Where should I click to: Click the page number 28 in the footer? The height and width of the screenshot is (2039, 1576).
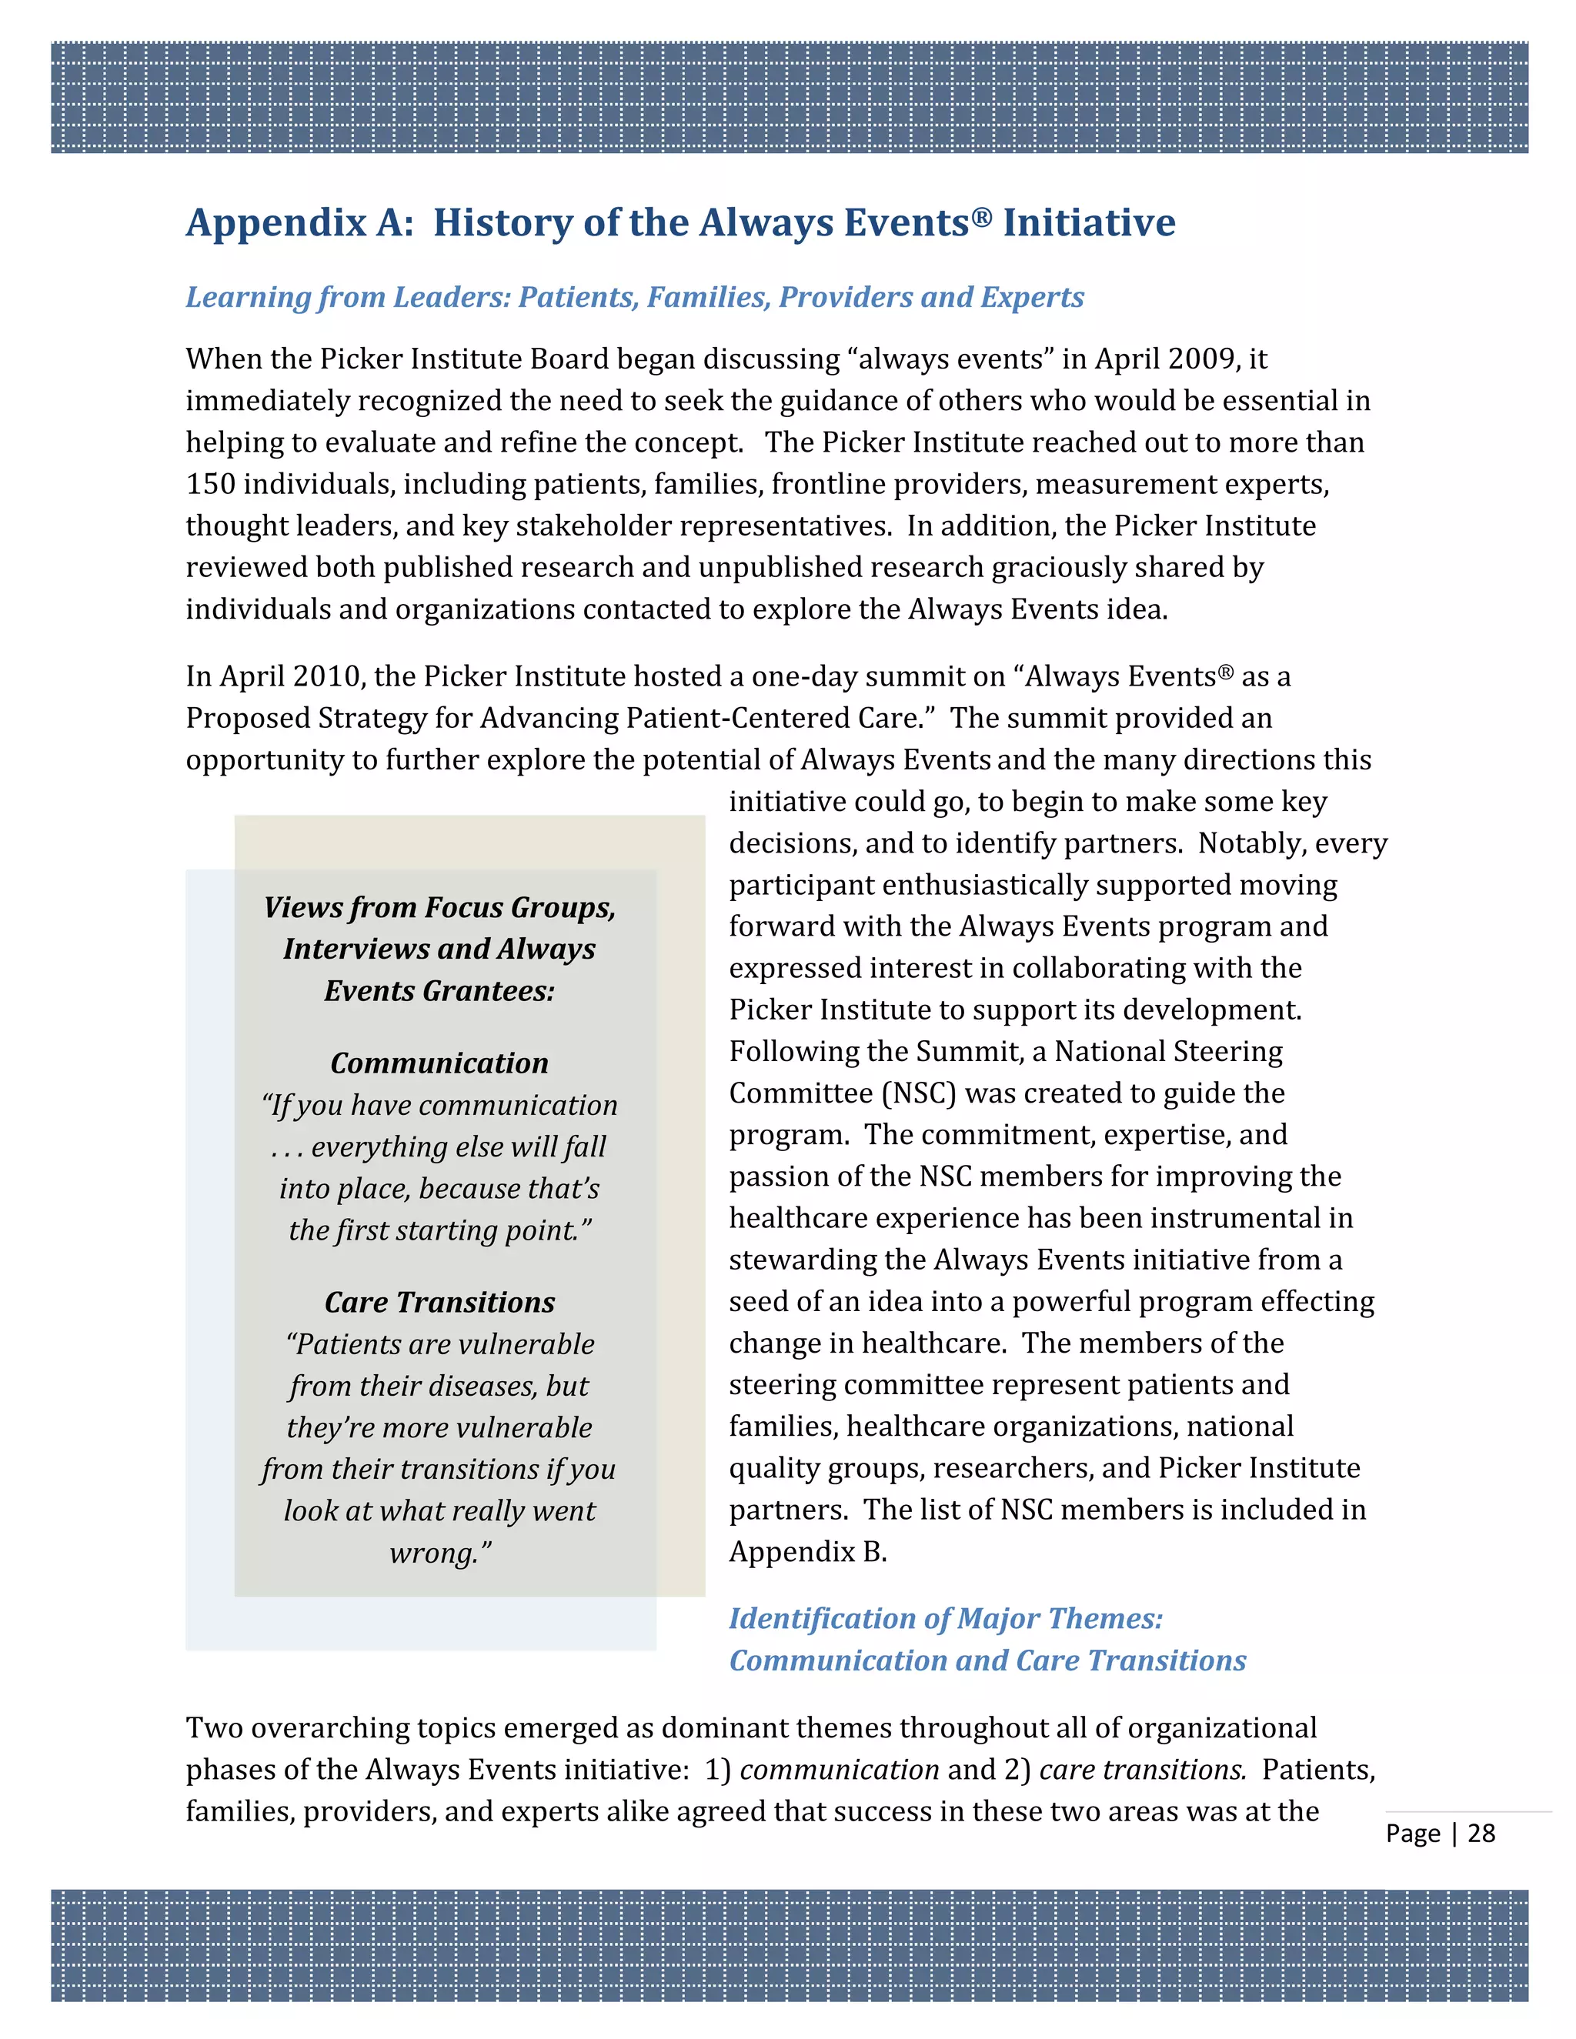[x=1481, y=1833]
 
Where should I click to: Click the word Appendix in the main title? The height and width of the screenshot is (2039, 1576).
[x=276, y=223]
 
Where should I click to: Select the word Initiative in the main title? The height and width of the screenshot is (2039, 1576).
[x=1089, y=223]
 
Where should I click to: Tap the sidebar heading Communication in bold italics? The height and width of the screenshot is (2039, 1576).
[x=439, y=1063]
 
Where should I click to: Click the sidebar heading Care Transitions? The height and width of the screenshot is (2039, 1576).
[x=439, y=1303]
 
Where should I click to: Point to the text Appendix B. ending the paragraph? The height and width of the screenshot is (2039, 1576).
[x=807, y=1552]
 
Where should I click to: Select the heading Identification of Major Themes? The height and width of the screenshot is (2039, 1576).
[x=945, y=1619]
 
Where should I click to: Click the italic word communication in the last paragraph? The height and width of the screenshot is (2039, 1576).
[x=839, y=1770]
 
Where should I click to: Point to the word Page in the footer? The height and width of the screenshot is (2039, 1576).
[x=1413, y=1834]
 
